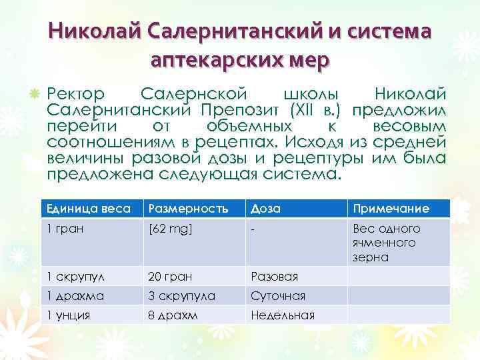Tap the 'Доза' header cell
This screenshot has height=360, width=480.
pos(265,209)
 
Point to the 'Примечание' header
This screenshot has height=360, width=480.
pos(391,209)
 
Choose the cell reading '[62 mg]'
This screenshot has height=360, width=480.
pos(170,229)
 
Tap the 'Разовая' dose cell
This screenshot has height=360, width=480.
pos(274,276)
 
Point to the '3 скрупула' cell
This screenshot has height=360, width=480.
pos(181,295)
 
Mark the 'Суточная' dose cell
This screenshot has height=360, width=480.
pos(278,295)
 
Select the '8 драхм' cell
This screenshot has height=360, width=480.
pos(172,315)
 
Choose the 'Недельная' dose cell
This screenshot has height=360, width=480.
pos(283,315)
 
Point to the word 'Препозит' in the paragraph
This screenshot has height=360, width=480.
pos(241,109)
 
